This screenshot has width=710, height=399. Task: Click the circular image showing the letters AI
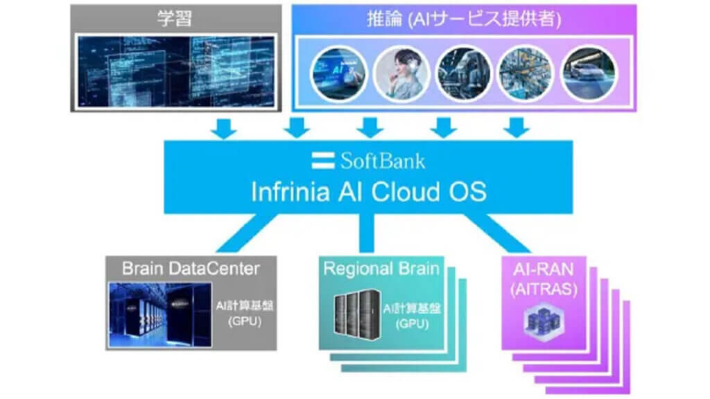(338, 71)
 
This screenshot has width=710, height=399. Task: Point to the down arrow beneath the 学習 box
(223, 127)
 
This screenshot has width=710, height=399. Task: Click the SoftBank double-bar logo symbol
(323, 161)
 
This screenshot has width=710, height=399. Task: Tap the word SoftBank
(382, 161)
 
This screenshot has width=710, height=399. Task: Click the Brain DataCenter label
(191, 267)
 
